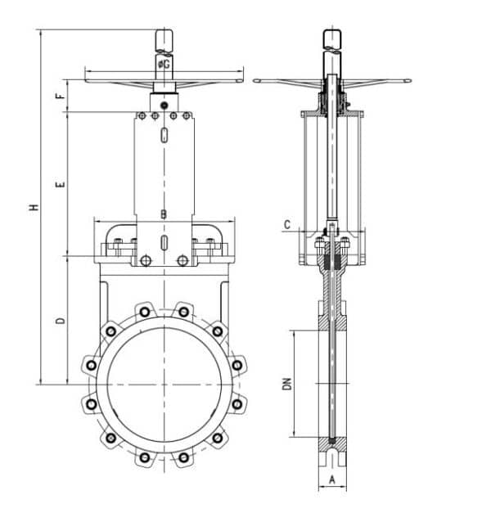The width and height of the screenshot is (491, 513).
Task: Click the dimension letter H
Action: pos(34,207)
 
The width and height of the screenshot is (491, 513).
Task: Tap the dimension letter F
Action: pos(60,96)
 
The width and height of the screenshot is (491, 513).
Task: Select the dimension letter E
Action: pos(60,186)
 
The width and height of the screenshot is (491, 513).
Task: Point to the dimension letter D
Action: pos(60,321)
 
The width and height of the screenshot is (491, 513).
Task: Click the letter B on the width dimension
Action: pos(164,214)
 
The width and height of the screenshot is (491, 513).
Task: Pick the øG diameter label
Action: pos(164,63)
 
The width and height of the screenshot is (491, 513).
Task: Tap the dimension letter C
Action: pos(286,224)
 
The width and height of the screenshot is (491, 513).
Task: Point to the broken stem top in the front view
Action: pos(164,41)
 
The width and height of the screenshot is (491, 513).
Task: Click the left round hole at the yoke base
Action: pos(146,260)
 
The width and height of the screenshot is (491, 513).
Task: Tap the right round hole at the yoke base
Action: pos(182,260)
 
